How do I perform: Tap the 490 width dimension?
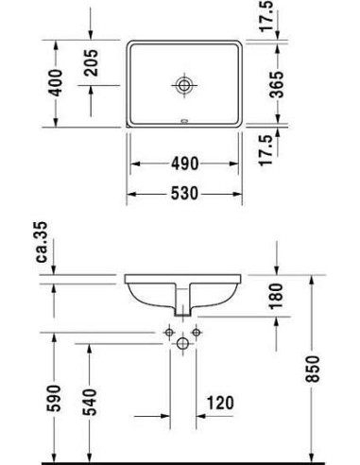(x=185, y=164)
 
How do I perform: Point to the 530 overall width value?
(x=185, y=195)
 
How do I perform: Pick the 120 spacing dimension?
(x=219, y=404)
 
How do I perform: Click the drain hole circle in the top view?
(x=184, y=86)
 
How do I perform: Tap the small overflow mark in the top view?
(x=184, y=122)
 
